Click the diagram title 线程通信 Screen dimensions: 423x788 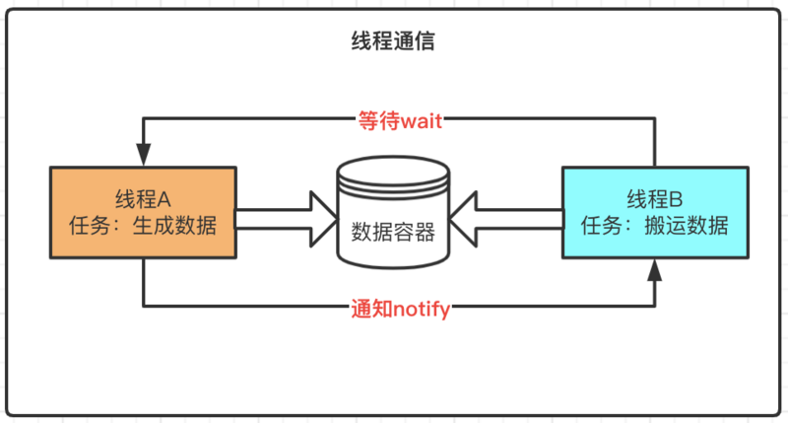[394, 41]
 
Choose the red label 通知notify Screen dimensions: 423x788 [400, 309]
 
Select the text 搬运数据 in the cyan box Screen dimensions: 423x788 [693, 226]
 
